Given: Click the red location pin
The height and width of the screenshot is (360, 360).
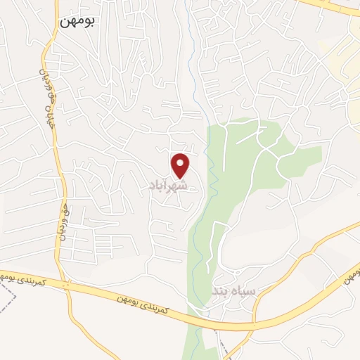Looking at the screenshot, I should pos(181,165).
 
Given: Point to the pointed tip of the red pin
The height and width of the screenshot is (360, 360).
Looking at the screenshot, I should pos(181,178).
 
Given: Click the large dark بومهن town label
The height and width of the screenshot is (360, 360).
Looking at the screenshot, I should pos(77,21).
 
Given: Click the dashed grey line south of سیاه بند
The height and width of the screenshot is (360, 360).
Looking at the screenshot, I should pos(224,345).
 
